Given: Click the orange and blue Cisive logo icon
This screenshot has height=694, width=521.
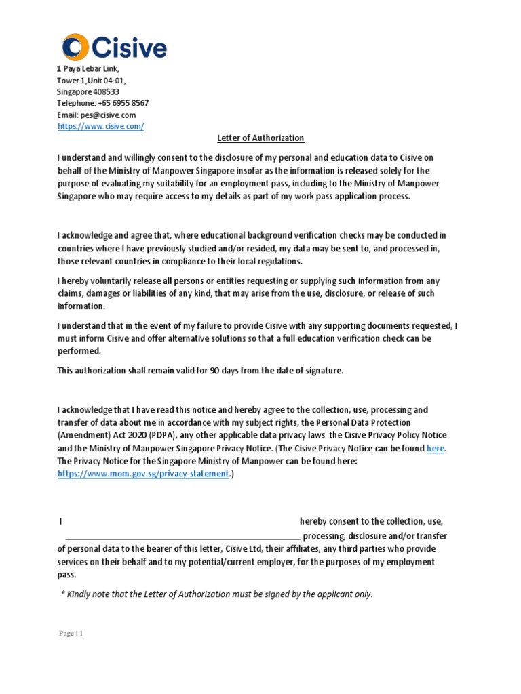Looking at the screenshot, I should pyautogui.click(x=75, y=47).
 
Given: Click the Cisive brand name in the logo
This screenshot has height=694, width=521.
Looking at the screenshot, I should pyautogui.click(x=128, y=47).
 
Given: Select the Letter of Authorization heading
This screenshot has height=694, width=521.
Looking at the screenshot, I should pyautogui.click(x=260, y=138).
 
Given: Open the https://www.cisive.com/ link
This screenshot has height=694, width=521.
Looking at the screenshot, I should pyautogui.click(x=100, y=127).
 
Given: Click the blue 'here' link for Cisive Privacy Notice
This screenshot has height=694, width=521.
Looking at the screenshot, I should pyautogui.click(x=436, y=449).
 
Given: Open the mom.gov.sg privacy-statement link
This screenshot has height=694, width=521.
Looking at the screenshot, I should pyautogui.click(x=143, y=474).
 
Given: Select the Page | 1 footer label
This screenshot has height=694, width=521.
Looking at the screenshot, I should pyautogui.click(x=71, y=634).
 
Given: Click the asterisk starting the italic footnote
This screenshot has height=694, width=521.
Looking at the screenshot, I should pyautogui.click(x=63, y=594).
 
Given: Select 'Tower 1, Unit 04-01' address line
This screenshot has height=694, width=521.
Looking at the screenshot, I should pyautogui.click(x=91, y=81).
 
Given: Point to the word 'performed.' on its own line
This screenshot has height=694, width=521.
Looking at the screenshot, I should pyautogui.click(x=79, y=351).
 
